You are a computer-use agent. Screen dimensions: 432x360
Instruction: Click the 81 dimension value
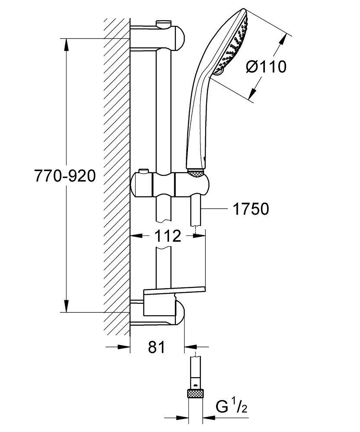point(156,347)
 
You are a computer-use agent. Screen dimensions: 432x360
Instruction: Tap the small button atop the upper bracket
point(164,22)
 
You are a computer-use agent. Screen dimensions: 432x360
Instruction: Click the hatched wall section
point(116,173)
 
